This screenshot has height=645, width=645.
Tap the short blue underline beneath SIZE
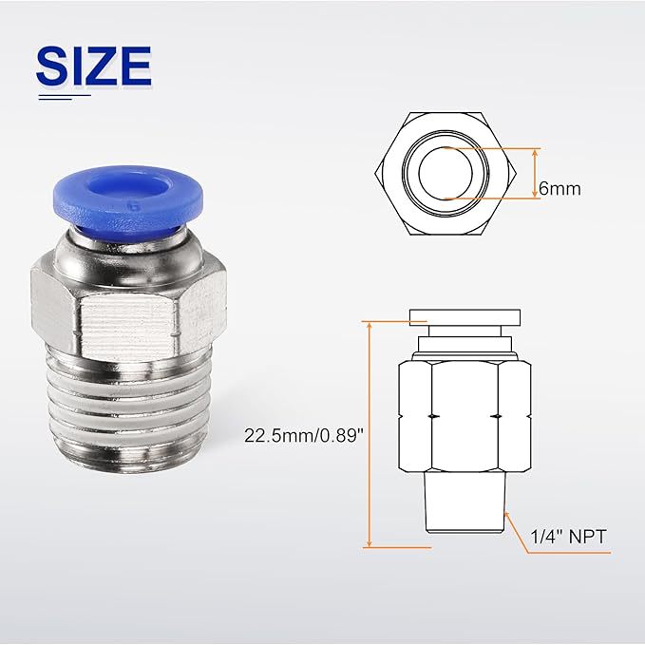click(x=64, y=95)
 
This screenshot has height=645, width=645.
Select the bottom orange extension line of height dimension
click(x=399, y=548)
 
